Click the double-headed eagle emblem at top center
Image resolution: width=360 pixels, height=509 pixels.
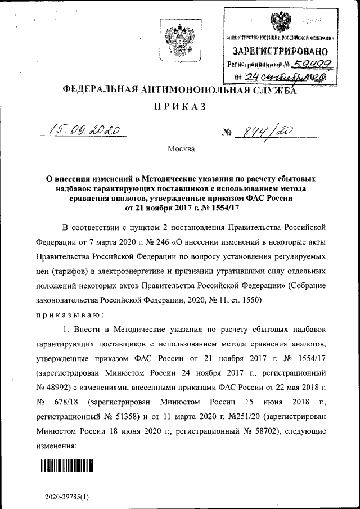(179, 41)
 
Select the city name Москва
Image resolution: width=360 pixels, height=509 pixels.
(180, 149)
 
